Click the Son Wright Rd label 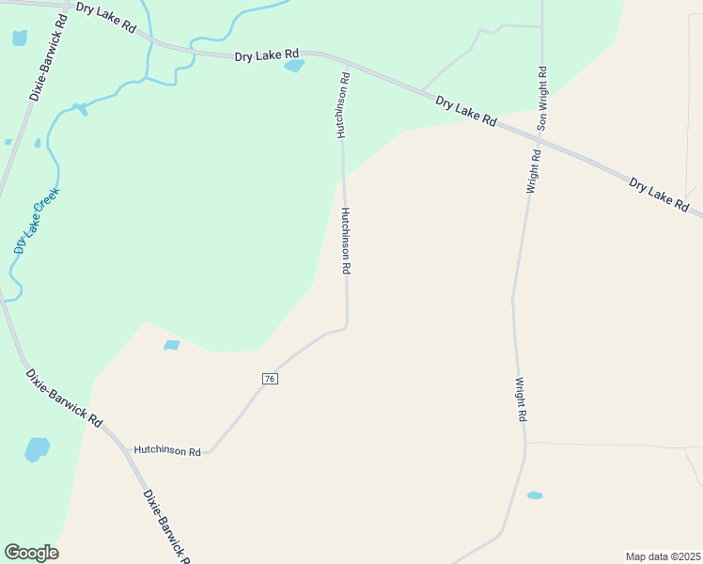click(x=542, y=99)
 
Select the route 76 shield click(x=270, y=378)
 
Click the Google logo click(x=32, y=553)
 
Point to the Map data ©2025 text click(x=663, y=556)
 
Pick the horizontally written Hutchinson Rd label click(x=167, y=451)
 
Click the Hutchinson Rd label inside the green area click(x=344, y=106)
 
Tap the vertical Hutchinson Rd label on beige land click(x=346, y=241)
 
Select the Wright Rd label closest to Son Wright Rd click(x=532, y=171)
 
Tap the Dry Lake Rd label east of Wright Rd click(x=659, y=194)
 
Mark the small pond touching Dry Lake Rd click(x=294, y=66)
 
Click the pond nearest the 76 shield click(x=171, y=345)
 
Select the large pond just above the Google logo click(x=37, y=449)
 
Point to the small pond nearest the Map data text click(x=535, y=495)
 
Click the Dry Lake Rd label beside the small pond click(x=266, y=55)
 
